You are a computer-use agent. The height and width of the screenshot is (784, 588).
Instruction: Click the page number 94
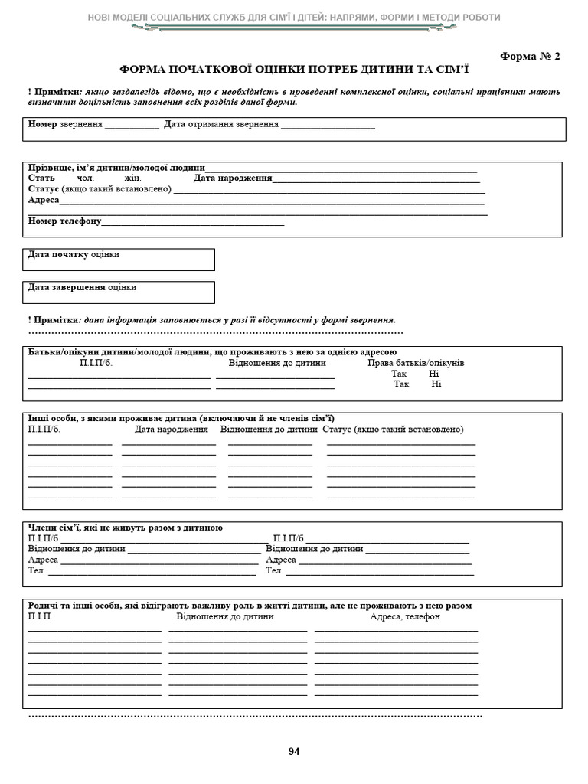tap(294, 751)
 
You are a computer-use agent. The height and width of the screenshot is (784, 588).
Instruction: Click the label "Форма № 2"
tap(530, 56)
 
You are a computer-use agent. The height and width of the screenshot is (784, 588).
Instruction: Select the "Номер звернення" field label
tap(65, 124)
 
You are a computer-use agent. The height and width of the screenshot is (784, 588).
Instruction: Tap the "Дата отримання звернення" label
tap(221, 124)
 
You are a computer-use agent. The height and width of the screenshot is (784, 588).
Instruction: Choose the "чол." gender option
tap(85, 178)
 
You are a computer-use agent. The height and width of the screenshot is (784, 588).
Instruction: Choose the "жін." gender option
tap(133, 178)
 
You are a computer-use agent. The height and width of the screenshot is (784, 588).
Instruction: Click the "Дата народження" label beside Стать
tap(233, 178)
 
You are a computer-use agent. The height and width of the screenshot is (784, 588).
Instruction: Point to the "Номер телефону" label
tap(64, 221)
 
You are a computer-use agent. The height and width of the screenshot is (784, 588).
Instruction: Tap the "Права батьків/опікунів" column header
tap(416, 363)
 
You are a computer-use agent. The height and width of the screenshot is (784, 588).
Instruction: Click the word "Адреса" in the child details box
tap(44, 200)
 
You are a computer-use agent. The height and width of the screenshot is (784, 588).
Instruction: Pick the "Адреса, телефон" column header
tap(405, 616)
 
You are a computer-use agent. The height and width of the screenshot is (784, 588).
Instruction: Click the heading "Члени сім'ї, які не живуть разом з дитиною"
tap(126, 528)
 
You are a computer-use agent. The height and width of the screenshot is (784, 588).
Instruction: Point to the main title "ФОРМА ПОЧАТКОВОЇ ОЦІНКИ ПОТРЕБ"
tap(294, 69)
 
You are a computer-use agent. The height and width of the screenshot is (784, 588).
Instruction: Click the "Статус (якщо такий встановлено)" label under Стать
tap(100, 189)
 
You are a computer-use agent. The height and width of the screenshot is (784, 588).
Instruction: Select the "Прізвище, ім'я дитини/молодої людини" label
tap(116, 168)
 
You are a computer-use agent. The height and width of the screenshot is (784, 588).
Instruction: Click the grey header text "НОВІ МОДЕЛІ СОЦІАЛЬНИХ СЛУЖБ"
tap(294, 17)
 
